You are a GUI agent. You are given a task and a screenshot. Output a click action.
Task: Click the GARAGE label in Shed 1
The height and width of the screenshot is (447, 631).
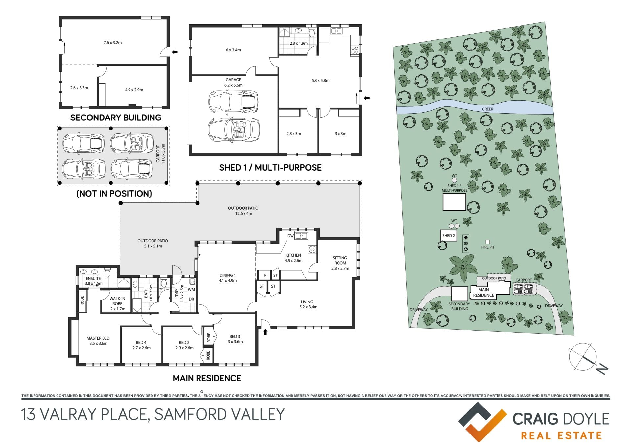coord(233,80)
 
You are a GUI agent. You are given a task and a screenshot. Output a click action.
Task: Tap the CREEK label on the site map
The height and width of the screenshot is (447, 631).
coord(487,109)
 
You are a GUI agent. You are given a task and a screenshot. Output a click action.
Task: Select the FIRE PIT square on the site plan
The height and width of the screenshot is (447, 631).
coord(488,242)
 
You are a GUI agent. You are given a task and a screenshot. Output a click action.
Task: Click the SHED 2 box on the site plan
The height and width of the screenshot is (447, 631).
coord(449,236)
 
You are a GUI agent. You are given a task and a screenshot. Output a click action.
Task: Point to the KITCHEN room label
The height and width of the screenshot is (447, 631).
coord(293,255)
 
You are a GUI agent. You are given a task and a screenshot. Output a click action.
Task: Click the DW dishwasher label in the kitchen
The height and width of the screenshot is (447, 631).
coord(291,236)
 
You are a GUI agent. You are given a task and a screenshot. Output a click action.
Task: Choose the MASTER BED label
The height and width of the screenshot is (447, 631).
coord(98,338)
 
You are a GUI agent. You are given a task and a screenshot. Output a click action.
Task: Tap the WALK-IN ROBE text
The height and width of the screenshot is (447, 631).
coord(117,301)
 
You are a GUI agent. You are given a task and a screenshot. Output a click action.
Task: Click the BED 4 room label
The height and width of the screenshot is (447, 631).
coord(141,342)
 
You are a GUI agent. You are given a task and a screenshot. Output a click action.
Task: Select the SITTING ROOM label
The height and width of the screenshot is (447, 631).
coord(340,260)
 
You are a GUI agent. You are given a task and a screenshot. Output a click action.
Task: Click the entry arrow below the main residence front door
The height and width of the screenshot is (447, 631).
coord(265,332)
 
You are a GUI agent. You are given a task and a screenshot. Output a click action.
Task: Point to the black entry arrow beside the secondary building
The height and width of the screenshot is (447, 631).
coord(175,52)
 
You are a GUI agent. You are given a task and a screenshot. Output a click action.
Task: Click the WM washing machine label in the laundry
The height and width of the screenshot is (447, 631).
coord(191,290)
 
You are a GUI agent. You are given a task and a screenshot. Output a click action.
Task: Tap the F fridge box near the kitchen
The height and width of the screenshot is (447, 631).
coord(265,275)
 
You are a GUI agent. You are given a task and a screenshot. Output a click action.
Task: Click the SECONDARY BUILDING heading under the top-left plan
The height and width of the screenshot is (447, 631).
coord(116,118)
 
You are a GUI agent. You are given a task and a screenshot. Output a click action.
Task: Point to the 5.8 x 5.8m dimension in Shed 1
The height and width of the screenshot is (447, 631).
coord(320,80)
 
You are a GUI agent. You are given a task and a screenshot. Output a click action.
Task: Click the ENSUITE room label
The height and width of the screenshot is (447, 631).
coord(93,278)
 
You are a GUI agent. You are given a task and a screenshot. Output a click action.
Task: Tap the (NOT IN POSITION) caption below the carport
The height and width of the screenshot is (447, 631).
coord(114,193)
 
